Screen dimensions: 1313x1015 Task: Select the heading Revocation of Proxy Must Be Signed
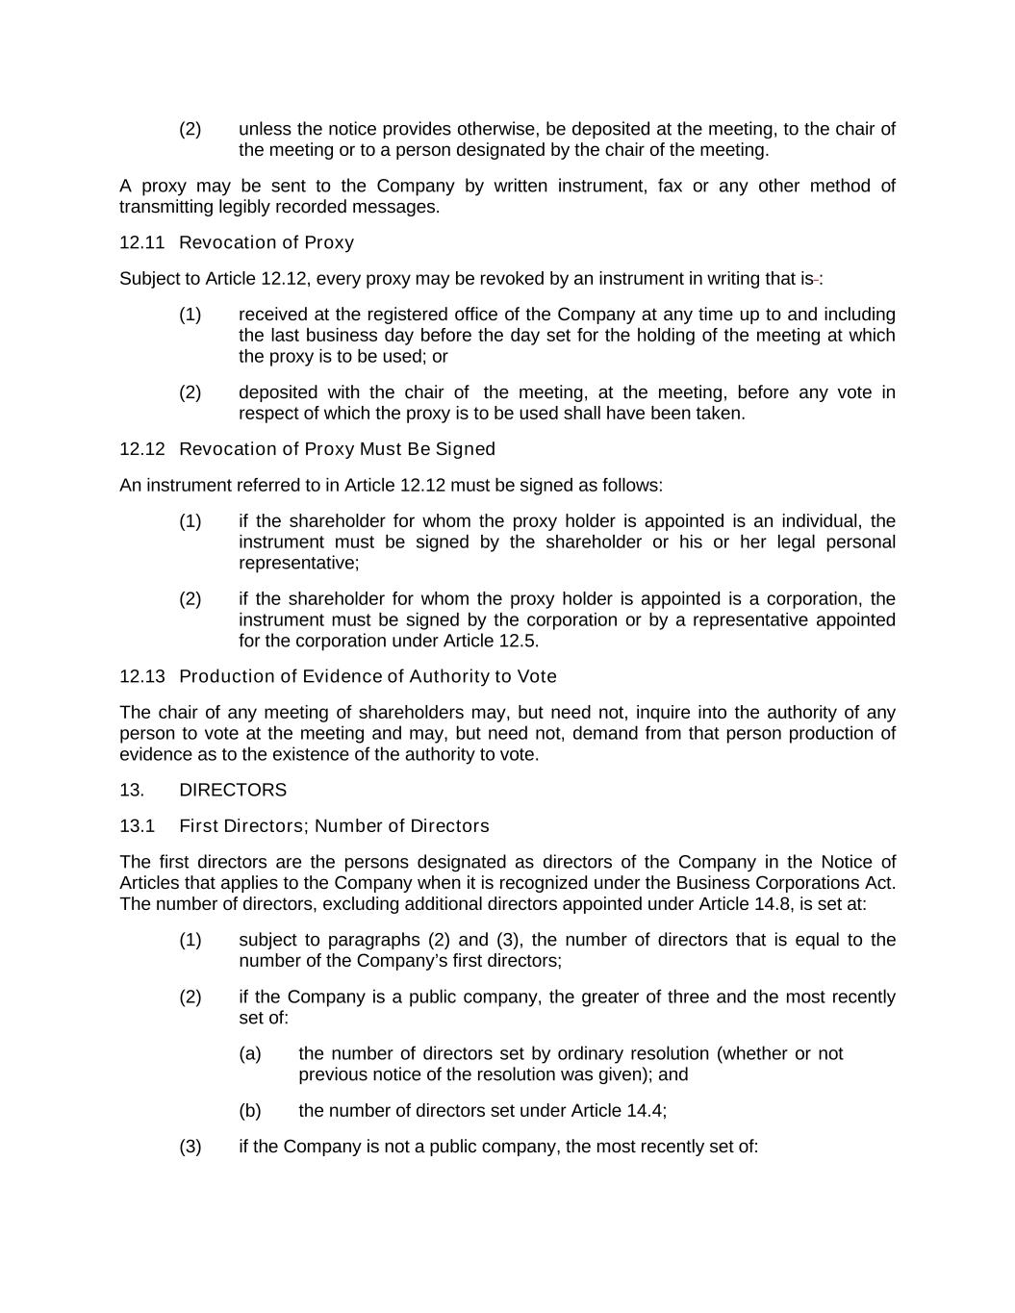click(337, 449)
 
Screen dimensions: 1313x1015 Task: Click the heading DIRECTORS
click(233, 790)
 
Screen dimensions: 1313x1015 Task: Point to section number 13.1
click(138, 826)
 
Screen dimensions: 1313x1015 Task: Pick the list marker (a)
click(250, 1053)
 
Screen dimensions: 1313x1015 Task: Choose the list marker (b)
click(250, 1110)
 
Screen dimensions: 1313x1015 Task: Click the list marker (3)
click(190, 1146)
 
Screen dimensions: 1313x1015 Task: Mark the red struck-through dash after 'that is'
click(816, 279)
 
